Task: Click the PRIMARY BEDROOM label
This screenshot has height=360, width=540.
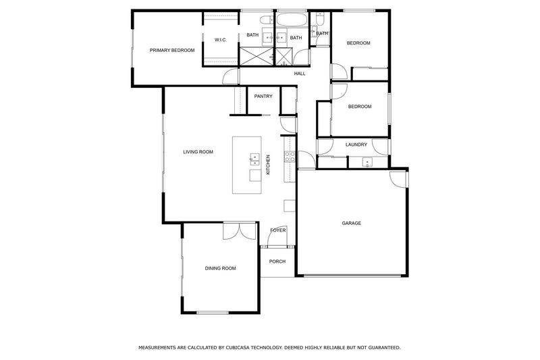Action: coord(172,50)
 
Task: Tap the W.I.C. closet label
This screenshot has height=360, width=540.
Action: coord(220,41)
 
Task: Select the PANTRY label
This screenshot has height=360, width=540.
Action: coord(263,96)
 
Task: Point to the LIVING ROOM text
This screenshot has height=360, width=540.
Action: coord(198,152)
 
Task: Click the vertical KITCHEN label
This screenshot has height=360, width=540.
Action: coord(268,165)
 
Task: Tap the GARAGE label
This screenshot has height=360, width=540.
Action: coord(351,223)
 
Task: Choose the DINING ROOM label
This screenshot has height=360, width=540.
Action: coord(220,268)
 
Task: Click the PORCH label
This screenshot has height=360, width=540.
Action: coord(277,261)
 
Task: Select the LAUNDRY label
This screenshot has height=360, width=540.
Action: coord(356,145)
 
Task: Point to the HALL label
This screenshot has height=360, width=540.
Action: coord(300,73)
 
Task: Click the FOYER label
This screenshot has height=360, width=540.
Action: coord(277,230)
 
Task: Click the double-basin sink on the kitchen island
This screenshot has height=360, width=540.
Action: coord(254,159)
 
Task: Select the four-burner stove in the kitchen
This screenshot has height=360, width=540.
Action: coord(289,157)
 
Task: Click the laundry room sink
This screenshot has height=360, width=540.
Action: coord(367,161)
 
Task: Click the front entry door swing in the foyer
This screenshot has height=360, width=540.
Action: coord(280,234)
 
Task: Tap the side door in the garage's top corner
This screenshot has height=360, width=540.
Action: coord(398,179)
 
